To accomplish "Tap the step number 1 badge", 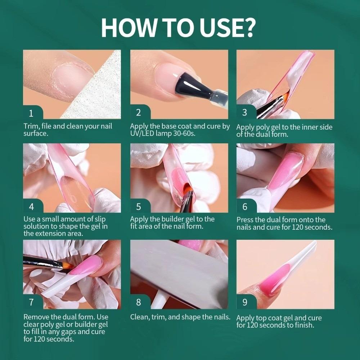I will [31, 113].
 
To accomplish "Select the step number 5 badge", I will [138, 207].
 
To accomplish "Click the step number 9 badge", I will [245, 302].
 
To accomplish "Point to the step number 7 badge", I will [31, 302].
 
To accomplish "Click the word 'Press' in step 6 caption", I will [246, 220].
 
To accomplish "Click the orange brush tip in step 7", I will [68, 266].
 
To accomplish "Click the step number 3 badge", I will [245, 112].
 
